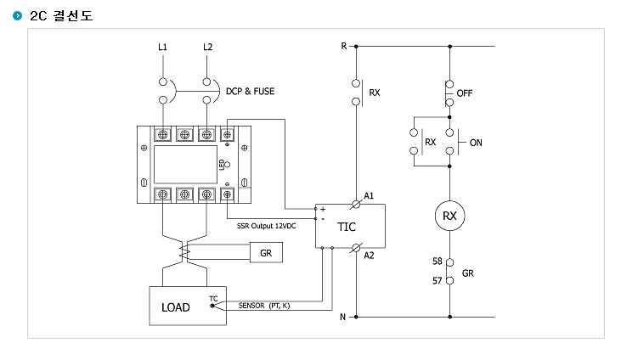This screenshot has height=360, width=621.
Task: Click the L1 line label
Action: click(x=162, y=48)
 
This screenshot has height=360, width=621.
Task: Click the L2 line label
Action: click(x=207, y=48)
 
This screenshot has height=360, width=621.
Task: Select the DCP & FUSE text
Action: click(x=250, y=92)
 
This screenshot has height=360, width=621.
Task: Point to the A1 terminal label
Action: click(x=369, y=195)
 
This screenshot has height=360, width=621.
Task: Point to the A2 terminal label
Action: click(x=369, y=256)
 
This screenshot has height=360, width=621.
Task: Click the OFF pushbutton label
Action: click(x=465, y=93)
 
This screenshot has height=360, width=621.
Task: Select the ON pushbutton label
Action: click(x=476, y=143)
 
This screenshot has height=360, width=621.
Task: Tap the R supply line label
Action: click(x=344, y=47)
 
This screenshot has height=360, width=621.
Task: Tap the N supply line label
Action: click(x=342, y=317)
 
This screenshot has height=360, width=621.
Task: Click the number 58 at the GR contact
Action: click(x=438, y=261)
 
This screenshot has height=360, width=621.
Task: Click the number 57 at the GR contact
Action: click(x=438, y=281)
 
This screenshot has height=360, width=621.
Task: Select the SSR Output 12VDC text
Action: click(x=266, y=226)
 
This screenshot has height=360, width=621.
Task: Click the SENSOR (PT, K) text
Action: click(x=264, y=306)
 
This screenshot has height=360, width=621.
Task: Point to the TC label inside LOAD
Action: click(x=213, y=299)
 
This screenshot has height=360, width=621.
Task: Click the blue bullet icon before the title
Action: click(x=18, y=15)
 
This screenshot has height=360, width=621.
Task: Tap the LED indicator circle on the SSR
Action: click(x=227, y=165)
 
